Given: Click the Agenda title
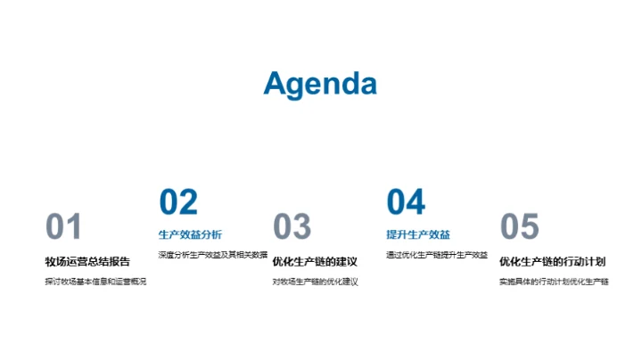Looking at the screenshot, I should point(320,83).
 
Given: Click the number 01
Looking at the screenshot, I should point(63,227).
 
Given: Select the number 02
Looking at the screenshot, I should point(177,202).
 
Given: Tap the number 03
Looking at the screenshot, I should point(292,227).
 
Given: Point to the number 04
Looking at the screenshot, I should point(406,202).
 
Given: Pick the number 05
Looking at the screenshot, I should point(520,227).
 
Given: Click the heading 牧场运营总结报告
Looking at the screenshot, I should point(87,261).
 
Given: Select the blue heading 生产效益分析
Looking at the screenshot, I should point(190,235).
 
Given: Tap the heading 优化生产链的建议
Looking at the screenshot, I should point(315,261).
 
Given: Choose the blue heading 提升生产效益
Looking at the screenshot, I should point(418,235).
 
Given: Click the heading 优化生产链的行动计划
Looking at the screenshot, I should point(553,261).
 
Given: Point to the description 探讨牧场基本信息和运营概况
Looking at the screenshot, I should point(95,282).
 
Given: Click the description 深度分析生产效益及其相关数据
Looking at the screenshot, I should point(212,255).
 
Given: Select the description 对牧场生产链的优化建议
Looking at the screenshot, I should point(315,282).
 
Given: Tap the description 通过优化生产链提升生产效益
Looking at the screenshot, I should point(437,255).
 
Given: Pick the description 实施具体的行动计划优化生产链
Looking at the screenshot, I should point(554,282).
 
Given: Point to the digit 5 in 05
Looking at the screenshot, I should point(531,227).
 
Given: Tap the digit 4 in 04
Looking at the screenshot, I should point(416,202).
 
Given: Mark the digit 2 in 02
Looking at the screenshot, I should point(188,202).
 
